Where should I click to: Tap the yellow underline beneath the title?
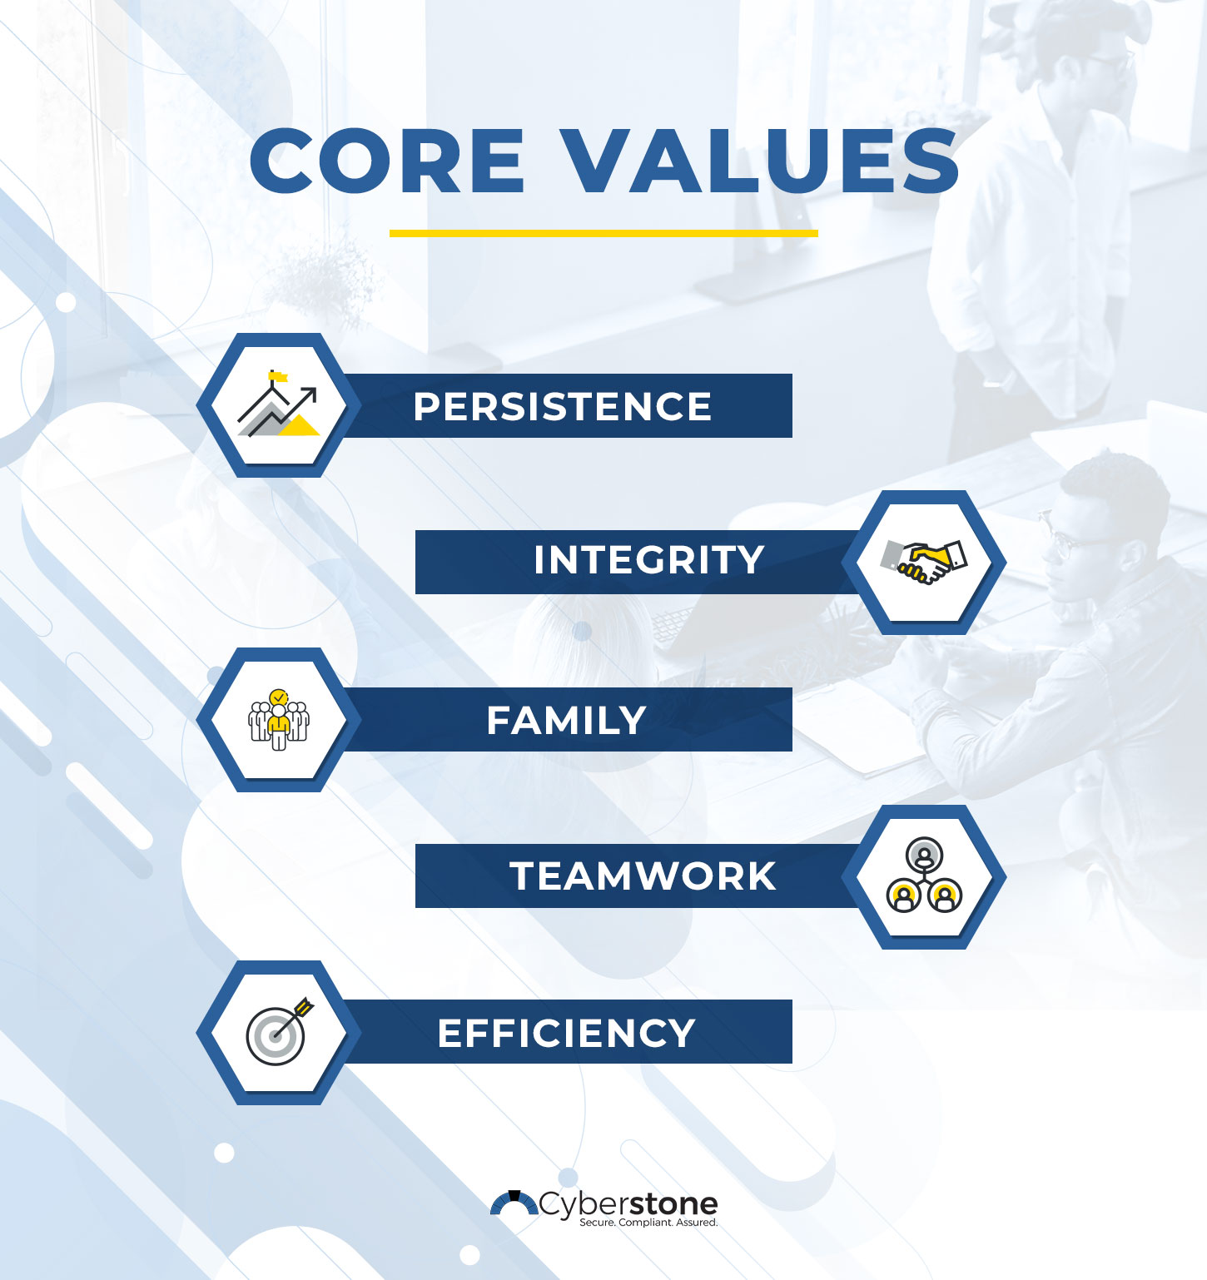[x=603, y=234]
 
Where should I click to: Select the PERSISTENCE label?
[x=563, y=407]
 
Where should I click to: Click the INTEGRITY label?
[x=648, y=560]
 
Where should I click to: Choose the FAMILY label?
[x=566, y=721]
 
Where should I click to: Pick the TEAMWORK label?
[x=643, y=876]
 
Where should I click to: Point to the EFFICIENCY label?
[x=566, y=1034]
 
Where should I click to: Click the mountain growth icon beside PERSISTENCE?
[x=278, y=405]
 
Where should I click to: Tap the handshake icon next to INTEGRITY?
[x=924, y=562]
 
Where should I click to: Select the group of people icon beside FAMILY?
[x=279, y=721]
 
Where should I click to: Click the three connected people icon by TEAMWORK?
[x=924, y=877]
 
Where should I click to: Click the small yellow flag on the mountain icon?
[x=278, y=377]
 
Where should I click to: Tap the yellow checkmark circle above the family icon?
[x=279, y=696]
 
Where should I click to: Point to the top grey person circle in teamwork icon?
[x=924, y=855]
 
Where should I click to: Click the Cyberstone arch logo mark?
[x=514, y=1203]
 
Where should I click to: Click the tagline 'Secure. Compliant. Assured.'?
[x=648, y=1223]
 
